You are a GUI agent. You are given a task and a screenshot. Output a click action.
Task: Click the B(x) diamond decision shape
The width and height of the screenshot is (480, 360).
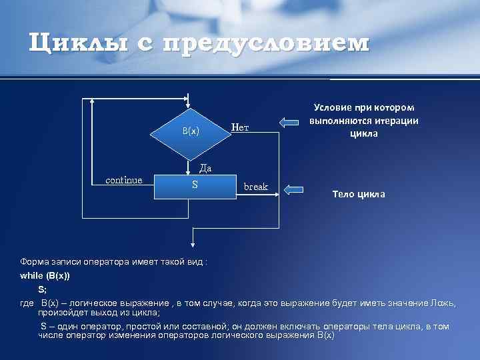coord(190,131)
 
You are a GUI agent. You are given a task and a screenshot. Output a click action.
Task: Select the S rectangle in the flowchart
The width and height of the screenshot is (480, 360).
coord(194,185)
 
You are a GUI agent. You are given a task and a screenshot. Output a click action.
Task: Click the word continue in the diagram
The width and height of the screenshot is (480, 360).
coord(124,180)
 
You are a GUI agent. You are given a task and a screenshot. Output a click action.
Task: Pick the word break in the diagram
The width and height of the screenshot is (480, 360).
coord(255,187)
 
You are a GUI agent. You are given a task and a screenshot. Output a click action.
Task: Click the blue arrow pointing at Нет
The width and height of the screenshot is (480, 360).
coord(289,122)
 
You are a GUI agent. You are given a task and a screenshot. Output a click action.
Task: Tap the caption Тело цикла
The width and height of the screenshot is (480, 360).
coord(359,195)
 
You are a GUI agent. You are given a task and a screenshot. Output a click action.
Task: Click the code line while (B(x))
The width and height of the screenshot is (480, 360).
coord(45,275)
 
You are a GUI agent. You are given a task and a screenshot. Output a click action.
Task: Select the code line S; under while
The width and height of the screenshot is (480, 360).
coord(43,289)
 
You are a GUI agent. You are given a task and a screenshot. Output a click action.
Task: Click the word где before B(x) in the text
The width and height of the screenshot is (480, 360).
coord(27,303)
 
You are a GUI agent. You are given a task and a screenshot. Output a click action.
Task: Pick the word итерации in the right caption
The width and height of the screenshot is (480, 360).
coord(395,120)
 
